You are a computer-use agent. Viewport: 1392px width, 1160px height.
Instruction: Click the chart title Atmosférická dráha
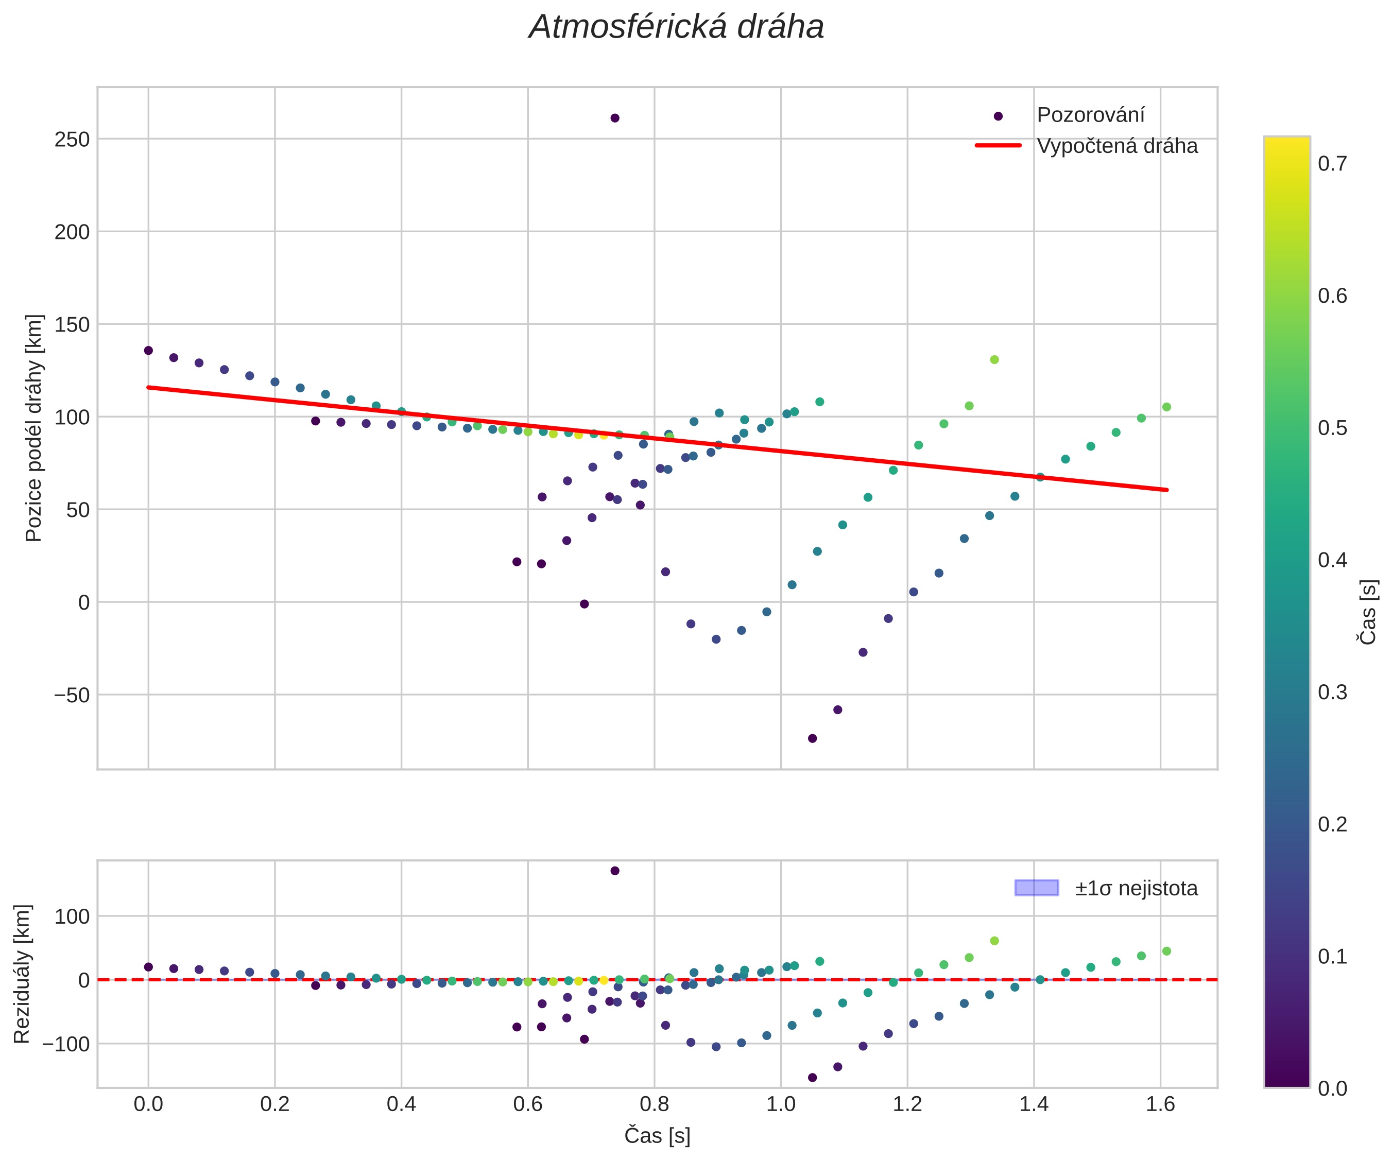coord(676,28)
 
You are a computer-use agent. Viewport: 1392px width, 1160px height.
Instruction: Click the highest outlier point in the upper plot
coord(614,118)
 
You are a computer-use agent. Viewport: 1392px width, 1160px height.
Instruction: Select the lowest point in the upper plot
coord(812,738)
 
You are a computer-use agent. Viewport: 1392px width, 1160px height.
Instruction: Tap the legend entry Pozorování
coord(1090,115)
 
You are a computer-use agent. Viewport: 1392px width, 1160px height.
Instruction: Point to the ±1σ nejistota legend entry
coord(1136,888)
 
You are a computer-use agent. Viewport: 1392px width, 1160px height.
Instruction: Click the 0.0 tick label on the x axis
coord(148,1104)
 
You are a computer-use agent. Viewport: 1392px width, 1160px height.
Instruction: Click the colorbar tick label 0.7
coord(1332,164)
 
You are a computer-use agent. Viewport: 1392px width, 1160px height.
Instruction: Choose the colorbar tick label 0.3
coord(1332,692)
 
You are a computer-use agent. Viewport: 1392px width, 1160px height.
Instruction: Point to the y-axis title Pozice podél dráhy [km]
coord(34,428)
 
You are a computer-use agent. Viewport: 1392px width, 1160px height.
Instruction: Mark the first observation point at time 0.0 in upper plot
coord(148,351)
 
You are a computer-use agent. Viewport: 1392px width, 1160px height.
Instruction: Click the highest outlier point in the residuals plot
coord(614,870)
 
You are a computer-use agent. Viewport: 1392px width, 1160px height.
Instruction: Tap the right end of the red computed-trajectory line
coord(1166,490)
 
